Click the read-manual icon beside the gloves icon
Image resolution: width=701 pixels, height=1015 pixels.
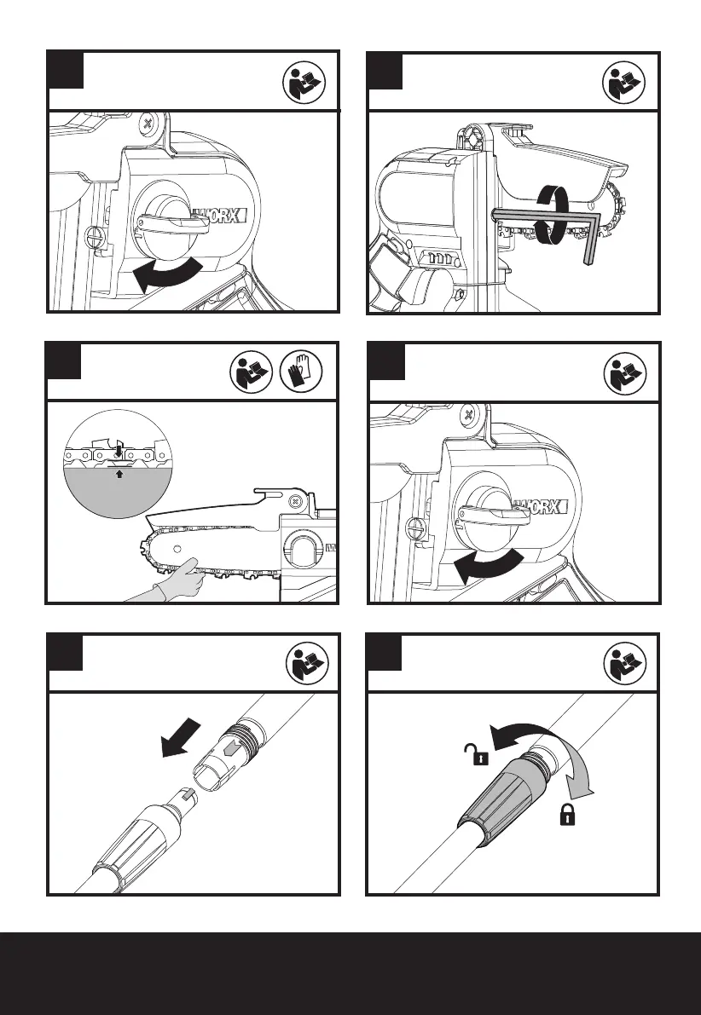pyautogui.click(x=252, y=371)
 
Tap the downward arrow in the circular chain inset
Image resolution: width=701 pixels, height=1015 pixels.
pyautogui.click(x=120, y=444)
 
